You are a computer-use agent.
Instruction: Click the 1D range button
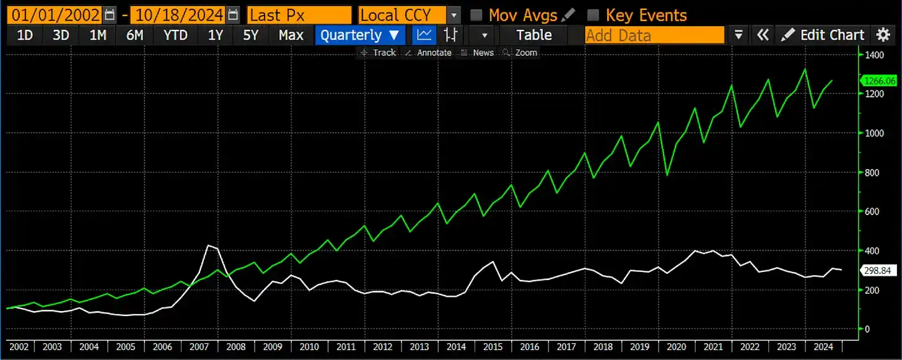24,35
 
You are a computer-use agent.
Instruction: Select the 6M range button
134,35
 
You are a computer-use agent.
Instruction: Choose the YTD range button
175,35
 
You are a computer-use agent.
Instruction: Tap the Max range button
291,35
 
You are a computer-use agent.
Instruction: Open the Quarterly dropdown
359,35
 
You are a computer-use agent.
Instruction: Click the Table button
533,35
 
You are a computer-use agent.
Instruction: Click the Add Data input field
654,35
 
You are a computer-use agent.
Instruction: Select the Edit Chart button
823,35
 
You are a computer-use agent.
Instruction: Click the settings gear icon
883,35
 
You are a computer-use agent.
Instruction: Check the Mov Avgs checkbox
476,14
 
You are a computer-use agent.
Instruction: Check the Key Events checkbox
593,14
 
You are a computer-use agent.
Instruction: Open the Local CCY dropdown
409,14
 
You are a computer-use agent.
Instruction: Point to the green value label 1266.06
879,81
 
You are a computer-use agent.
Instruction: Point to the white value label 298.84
879,271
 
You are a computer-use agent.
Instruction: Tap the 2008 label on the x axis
236,347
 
